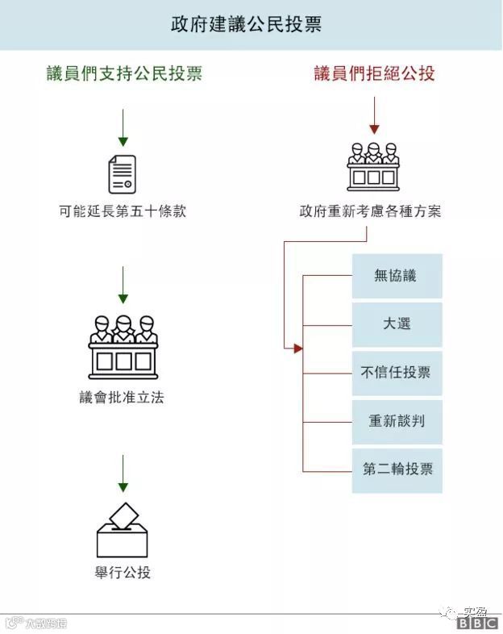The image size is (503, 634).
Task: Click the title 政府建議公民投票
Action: (x=246, y=24)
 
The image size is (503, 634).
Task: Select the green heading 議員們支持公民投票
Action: (x=123, y=73)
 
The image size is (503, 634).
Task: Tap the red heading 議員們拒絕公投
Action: (x=374, y=73)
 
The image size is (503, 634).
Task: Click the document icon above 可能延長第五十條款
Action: (x=123, y=173)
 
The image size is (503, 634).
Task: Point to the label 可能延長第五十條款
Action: (x=123, y=212)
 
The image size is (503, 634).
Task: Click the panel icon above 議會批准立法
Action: (x=123, y=344)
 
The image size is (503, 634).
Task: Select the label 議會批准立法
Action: (x=123, y=398)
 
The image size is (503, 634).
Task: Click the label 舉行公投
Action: (x=123, y=574)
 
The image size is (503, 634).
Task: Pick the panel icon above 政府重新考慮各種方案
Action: (x=373, y=165)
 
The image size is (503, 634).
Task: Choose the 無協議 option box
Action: (x=397, y=276)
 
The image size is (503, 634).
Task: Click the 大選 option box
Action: (x=397, y=324)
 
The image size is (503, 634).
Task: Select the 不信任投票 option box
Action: (x=397, y=373)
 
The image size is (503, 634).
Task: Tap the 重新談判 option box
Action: (x=397, y=421)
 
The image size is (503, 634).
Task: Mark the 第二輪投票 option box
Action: (x=397, y=469)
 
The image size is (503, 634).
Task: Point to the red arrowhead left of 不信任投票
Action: (x=297, y=348)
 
